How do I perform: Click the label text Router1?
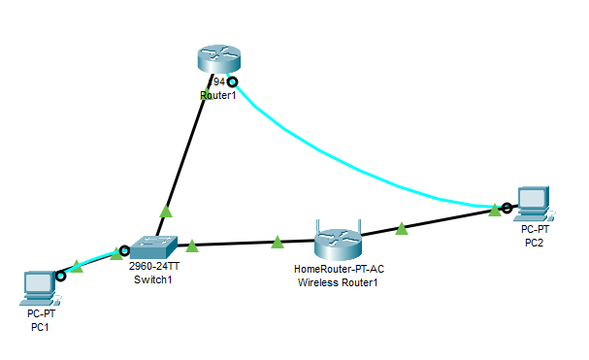tap(217, 96)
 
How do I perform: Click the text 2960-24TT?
tap(154, 266)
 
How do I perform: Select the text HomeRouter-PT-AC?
tap(338, 269)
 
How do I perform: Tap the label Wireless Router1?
tap(338, 282)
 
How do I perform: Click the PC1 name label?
tap(39, 328)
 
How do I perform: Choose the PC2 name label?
tap(535, 242)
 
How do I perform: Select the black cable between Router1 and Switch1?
tap(184, 155)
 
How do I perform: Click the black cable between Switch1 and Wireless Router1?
tap(243, 243)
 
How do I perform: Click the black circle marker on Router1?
tap(232, 82)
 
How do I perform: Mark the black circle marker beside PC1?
tap(61, 276)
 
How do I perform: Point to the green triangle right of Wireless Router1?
tap(402, 228)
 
